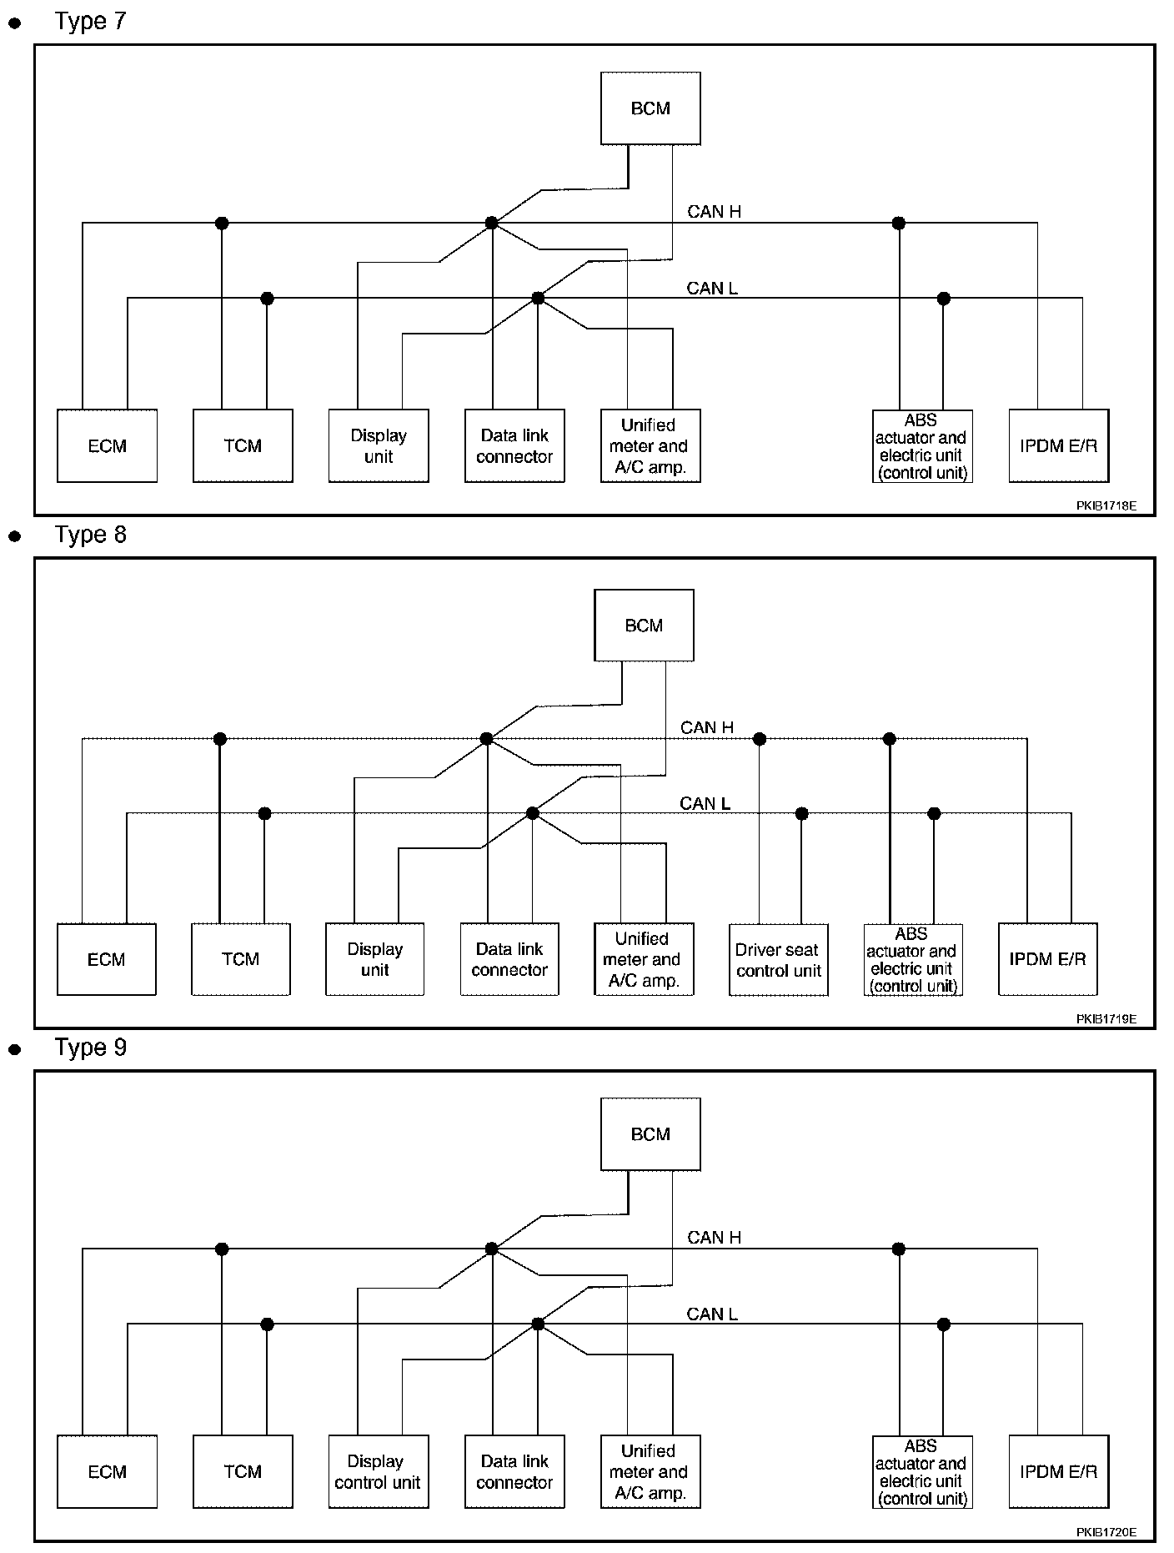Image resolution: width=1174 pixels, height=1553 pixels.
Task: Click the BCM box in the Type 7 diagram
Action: coord(650,108)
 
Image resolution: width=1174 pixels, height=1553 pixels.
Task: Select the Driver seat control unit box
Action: coord(779,959)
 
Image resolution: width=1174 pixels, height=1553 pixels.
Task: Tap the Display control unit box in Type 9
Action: coord(379,1471)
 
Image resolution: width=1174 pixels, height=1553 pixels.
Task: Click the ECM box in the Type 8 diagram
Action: coord(107,959)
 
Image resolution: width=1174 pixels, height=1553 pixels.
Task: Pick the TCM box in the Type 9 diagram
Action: coord(243,1471)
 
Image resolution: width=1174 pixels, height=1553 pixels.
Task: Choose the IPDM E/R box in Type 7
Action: coord(1059,445)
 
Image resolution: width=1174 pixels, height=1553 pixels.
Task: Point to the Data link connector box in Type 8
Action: coord(509,959)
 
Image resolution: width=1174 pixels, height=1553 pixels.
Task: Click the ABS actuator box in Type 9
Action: coord(922,1471)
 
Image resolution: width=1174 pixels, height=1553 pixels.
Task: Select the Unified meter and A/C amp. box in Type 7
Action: coord(650,445)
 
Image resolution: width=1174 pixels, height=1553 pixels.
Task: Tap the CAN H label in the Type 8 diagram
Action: coord(707,727)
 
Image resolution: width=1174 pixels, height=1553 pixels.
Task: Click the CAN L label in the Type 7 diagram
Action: coord(712,289)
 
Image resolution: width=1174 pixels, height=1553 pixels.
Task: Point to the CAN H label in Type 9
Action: coord(715,1238)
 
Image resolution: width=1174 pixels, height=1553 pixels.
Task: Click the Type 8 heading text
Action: coord(90,534)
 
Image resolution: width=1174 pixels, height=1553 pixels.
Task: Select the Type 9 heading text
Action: coord(90,1047)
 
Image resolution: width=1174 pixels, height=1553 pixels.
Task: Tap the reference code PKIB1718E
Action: coord(1106,505)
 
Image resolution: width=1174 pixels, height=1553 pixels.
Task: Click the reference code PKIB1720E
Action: coord(1106,1531)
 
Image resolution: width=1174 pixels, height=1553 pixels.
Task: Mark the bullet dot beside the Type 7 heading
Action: coord(14,24)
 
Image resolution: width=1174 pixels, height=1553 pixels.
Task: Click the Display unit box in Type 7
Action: coord(379,445)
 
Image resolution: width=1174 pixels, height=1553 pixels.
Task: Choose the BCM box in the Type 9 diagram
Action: coord(650,1134)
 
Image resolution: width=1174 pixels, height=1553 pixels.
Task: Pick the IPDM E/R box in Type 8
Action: coord(1048,959)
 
